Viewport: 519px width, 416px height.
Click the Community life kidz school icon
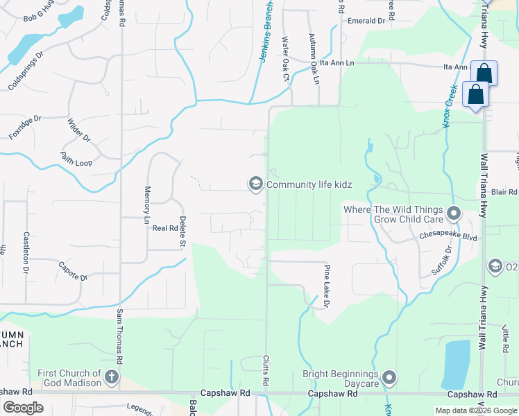255,184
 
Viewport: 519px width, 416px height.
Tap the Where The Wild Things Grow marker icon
454,213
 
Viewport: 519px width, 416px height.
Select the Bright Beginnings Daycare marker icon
389,378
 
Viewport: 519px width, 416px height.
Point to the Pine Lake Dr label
325,286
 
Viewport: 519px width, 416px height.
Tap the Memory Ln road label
146,205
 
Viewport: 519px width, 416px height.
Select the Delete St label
182,232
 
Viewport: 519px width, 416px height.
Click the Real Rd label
165,227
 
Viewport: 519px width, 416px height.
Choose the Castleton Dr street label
26,251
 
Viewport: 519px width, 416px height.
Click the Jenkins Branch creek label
266,31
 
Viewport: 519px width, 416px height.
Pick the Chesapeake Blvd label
448,236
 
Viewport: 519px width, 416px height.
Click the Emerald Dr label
366,21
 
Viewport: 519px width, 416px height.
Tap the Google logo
23,408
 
